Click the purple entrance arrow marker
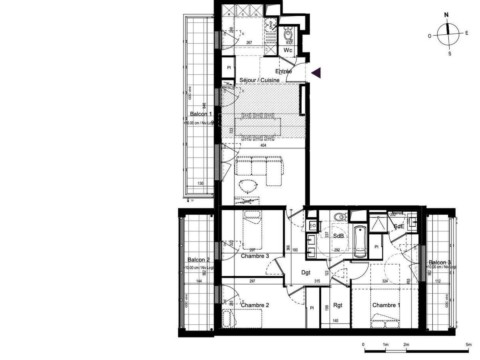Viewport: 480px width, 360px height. coord(316,73)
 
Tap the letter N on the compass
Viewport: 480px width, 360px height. coord(446,15)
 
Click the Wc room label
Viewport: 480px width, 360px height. coord(288,50)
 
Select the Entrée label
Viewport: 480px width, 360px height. coord(284,72)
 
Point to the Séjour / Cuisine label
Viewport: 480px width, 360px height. coord(259,80)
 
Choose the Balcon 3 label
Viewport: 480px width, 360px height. coord(439,262)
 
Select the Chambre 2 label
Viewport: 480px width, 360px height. coord(254,305)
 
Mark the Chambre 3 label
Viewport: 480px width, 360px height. coord(254,256)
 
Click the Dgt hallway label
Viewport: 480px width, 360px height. coord(306,273)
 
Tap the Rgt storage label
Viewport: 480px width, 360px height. coord(337,305)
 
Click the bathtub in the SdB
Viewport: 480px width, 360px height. coord(359,242)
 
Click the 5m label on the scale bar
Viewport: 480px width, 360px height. coord(468,344)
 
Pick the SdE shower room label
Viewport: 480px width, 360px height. coord(398,227)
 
